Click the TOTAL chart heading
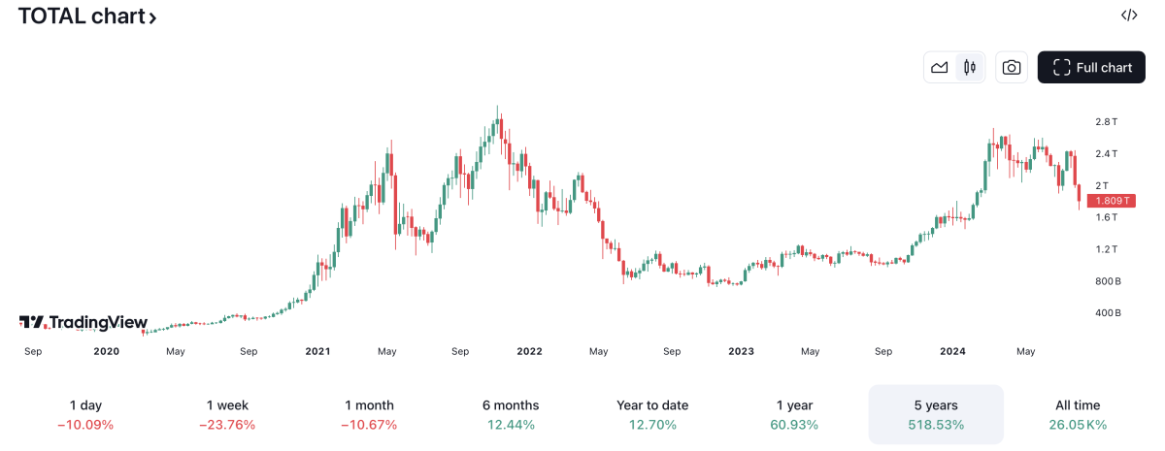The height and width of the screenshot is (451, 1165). [x=86, y=16]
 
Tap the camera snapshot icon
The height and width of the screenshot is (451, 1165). [x=1012, y=67]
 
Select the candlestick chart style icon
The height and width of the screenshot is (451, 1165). [x=969, y=67]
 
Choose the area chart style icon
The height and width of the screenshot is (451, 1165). [x=939, y=67]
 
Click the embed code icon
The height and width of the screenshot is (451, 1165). [x=1129, y=15]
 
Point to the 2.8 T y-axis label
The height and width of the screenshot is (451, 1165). [x=1106, y=122]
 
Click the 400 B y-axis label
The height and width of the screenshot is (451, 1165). [x=1108, y=313]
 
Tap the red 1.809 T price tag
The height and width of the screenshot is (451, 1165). [x=1110, y=201]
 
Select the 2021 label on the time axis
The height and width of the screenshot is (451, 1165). [x=317, y=351]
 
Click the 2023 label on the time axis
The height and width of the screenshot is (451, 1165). [x=741, y=351]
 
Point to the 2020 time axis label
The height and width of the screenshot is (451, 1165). [x=107, y=351]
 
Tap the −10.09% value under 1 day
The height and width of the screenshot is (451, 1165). [x=85, y=425]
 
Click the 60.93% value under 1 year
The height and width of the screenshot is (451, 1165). [x=794, y=425]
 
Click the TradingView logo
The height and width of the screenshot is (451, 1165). [x=83, y=323]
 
